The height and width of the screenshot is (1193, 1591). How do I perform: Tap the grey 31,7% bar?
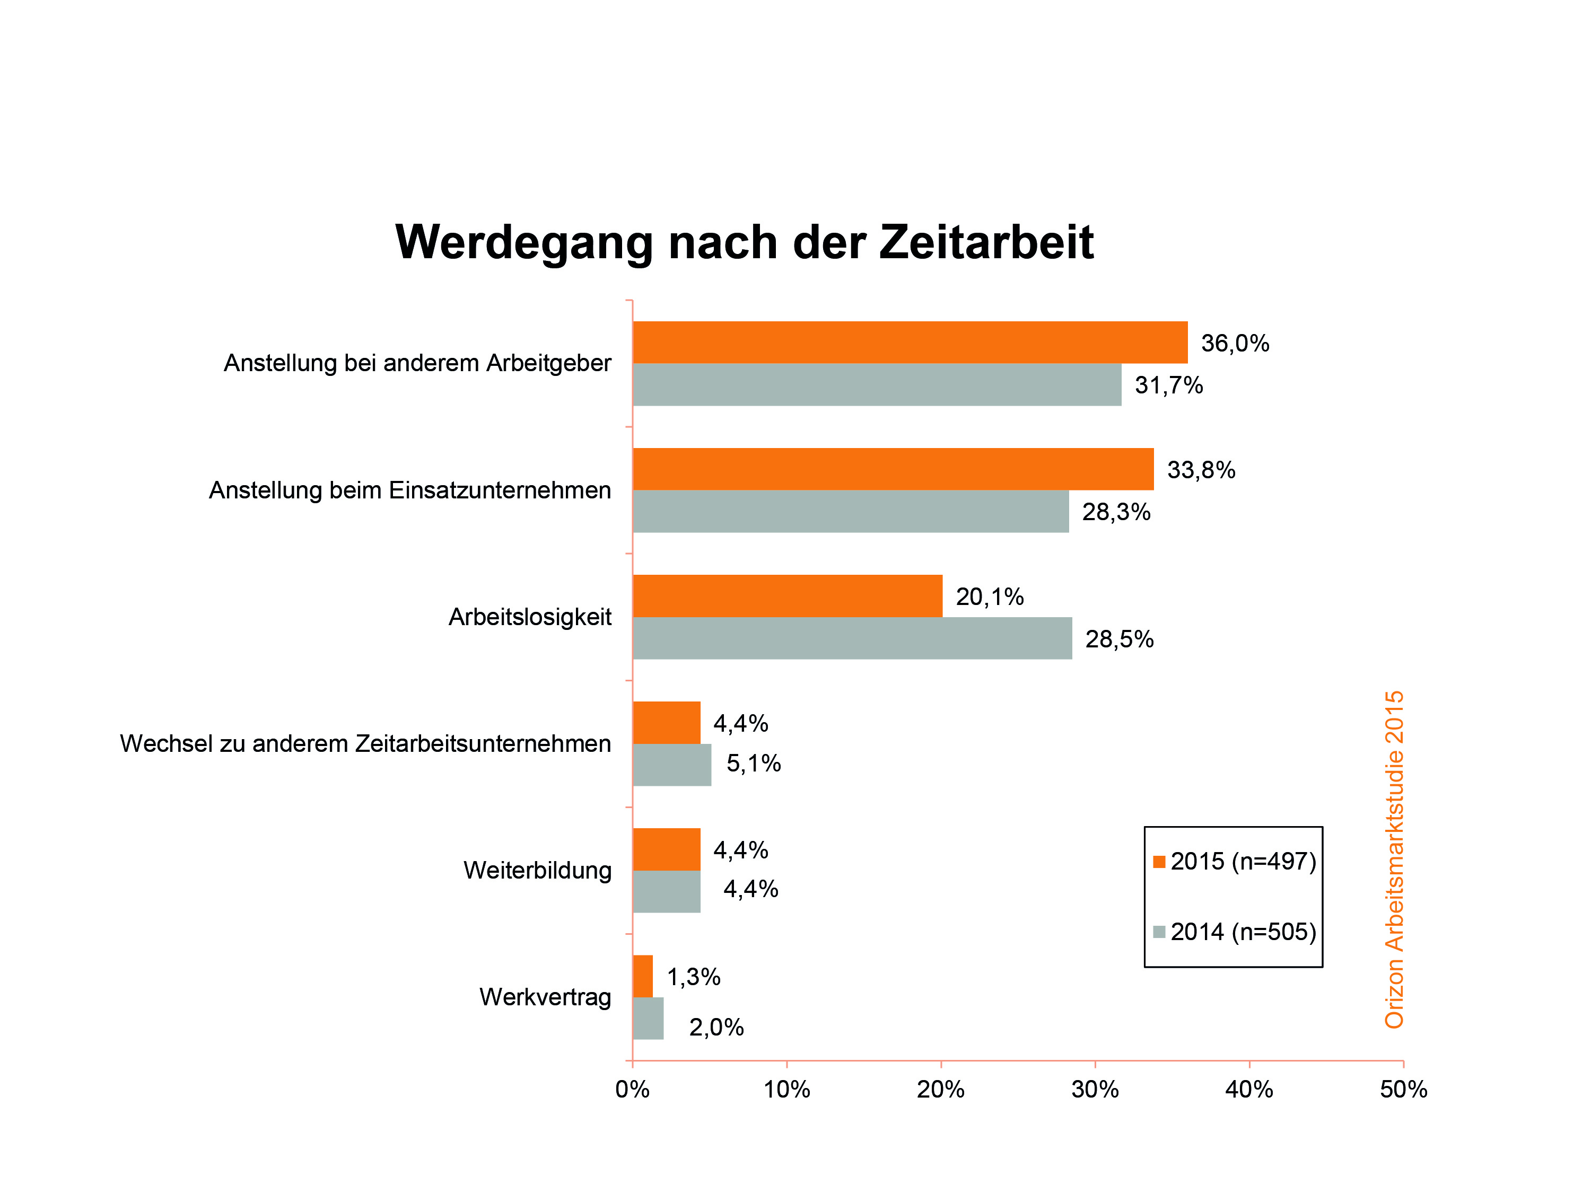[x=876, y=385]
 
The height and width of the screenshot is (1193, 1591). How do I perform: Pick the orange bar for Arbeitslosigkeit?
[x=787, y=596]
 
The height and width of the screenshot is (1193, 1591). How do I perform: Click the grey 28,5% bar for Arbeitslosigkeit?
[x=852, y=638]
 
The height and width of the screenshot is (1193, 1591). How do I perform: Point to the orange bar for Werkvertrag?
[x=642, y=977]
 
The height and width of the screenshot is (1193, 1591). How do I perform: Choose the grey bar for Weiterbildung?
[x=666, y=892]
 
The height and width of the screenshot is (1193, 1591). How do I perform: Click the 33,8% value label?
[x=1201, y=470]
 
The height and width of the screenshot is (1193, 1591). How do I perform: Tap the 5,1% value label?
[x=753, y=764]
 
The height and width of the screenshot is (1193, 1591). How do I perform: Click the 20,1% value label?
[x=989, y=597]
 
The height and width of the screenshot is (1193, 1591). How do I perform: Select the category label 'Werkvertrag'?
[x=545, y=997]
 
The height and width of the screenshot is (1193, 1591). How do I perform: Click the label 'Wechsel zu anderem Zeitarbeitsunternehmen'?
[x=365, y=743]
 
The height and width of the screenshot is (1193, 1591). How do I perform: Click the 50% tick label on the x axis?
[x=1403, y=1090]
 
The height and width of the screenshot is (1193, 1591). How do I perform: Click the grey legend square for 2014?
[x=1159, y=932]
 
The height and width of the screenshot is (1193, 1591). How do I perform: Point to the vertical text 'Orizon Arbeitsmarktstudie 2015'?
[x=1393, y=859]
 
